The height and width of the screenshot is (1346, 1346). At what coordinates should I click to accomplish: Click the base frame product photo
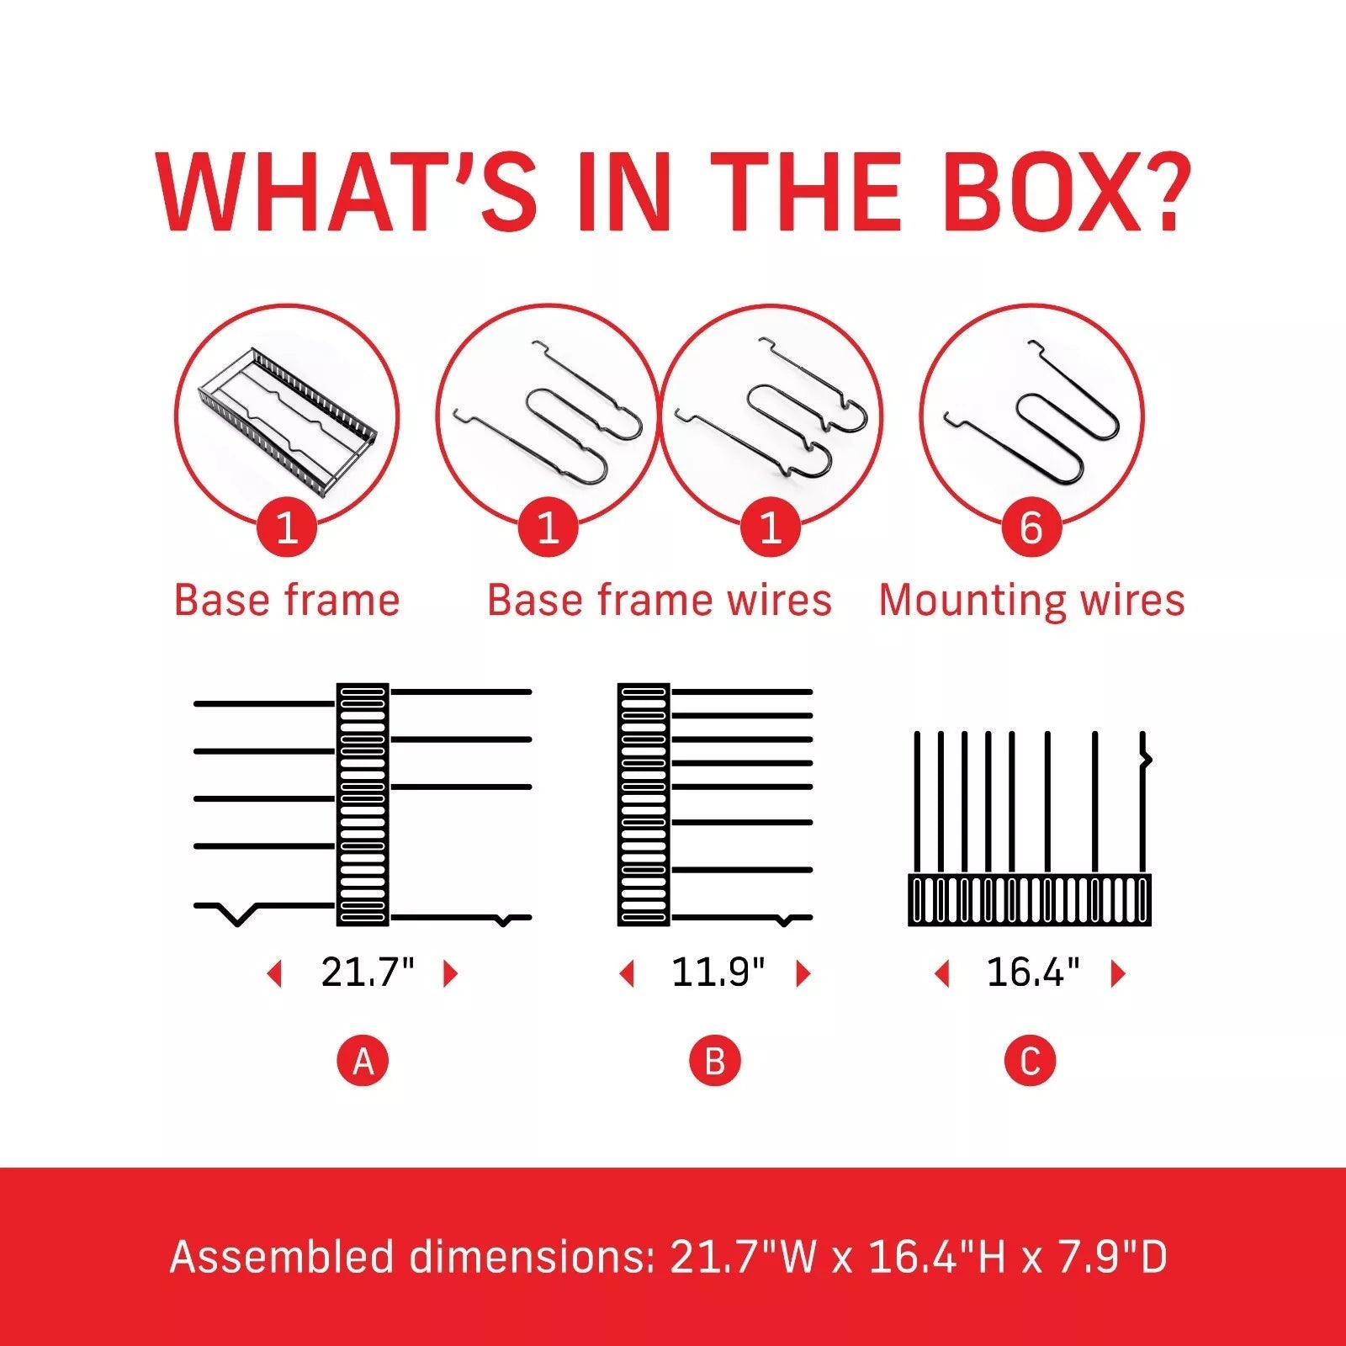pos(287,412)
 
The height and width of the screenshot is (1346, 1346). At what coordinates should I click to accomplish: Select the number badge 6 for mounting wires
pos(1031,527)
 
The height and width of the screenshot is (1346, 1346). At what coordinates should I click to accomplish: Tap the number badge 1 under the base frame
pos(287,527)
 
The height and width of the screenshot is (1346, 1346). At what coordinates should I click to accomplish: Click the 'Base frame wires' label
pos(660,601)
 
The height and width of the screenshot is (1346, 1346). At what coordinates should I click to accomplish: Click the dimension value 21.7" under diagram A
pos(368,972)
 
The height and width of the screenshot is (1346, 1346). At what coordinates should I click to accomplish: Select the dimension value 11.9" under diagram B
pos(718,972)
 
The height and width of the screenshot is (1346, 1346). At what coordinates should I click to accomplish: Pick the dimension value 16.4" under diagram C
pos(1032,972)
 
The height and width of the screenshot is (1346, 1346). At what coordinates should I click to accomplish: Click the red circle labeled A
pos(363,1061)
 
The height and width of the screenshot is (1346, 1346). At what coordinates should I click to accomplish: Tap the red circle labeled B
pos(714,1061)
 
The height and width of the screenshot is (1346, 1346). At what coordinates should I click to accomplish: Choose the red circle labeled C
pos(1030,1061)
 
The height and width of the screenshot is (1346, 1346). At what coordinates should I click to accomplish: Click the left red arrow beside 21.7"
pos(273,974)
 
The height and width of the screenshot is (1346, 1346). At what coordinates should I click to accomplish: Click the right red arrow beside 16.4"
pos(1118,974)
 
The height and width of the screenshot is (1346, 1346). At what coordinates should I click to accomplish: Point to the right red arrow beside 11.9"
pos(803,974)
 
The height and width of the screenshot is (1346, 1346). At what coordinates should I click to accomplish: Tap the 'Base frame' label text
pos(287,601)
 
